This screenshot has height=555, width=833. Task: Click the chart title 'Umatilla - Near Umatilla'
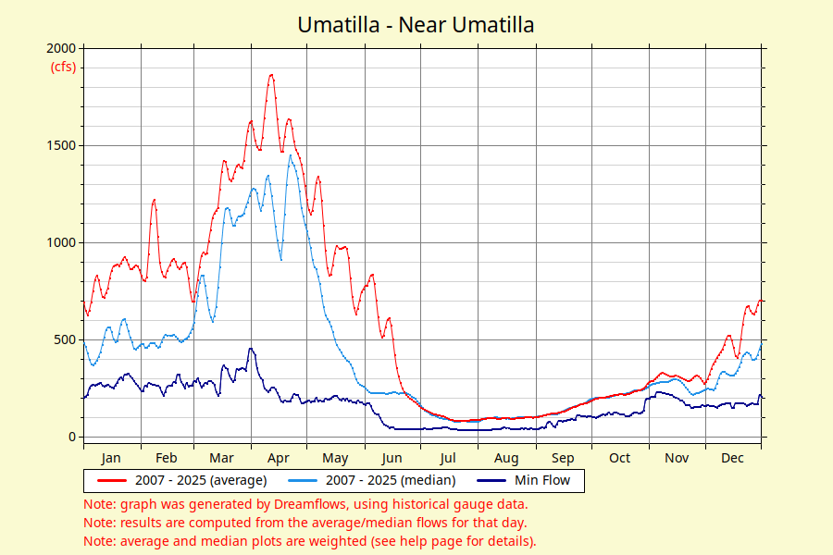[x=416, y=25]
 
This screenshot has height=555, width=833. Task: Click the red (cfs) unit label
[x=63, y=67]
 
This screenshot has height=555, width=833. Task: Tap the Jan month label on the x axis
[x=111, y=458]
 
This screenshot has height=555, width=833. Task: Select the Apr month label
[x=279, y=458]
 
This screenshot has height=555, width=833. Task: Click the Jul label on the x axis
[x=448, y=458]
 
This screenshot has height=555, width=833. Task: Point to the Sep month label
[x=563, y=458]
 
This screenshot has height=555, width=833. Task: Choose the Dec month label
[x=732, y=458]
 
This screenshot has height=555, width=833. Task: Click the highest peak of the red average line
[x=271, y=75]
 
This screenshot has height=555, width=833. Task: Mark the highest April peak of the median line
[x=291, y=155]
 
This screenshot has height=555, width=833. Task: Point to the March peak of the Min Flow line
[x=250, y=349]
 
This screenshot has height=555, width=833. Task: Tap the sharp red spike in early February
[x=154, y=200]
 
